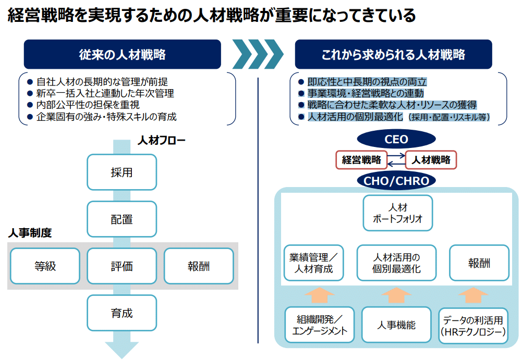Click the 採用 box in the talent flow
[122, 172]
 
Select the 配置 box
[122, 219]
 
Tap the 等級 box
[45, 266]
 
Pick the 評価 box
[122, 266]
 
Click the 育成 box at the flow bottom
[122, 313]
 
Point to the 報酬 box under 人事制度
[199, 266]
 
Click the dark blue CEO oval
[396, 140]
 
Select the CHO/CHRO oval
[396, 181]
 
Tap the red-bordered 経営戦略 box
[361, 160]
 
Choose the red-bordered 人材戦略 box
[431, 160]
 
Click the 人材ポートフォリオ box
[397, 213]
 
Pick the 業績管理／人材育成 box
[313, 263]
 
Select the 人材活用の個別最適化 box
[397, 263]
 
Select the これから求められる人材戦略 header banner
[393, 54]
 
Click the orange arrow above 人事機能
[396, 295]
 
